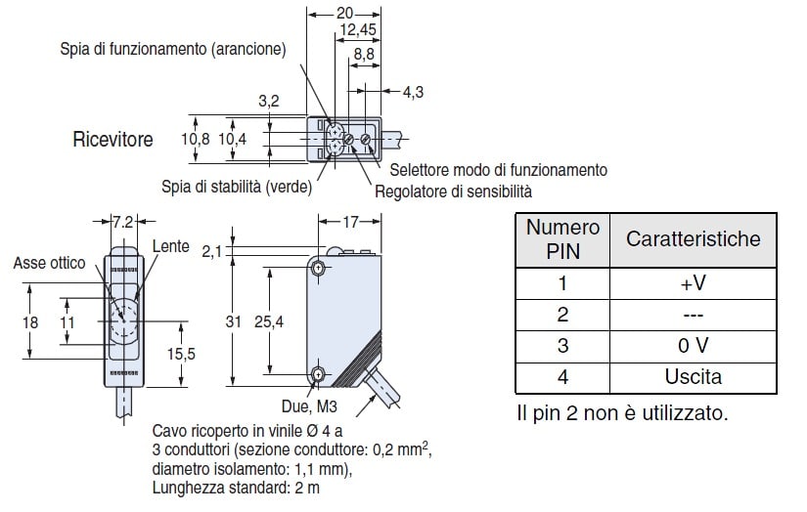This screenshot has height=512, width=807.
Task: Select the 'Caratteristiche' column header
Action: click(693, 238)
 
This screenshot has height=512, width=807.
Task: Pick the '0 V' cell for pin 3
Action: click(693, 345)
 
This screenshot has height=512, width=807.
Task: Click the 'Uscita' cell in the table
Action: click(693, 376)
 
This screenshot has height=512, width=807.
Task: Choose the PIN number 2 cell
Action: click(561, 315)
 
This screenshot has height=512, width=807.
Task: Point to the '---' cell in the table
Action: click(693, 315)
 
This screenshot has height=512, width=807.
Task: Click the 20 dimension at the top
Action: click(344, 13)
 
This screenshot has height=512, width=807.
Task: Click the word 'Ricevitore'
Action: click(112, 140)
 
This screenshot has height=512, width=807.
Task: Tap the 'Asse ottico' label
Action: click(49, 262)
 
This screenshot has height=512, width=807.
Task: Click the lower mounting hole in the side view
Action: click(318, 374)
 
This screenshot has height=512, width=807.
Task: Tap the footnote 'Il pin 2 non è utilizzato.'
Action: click(622, 412)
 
